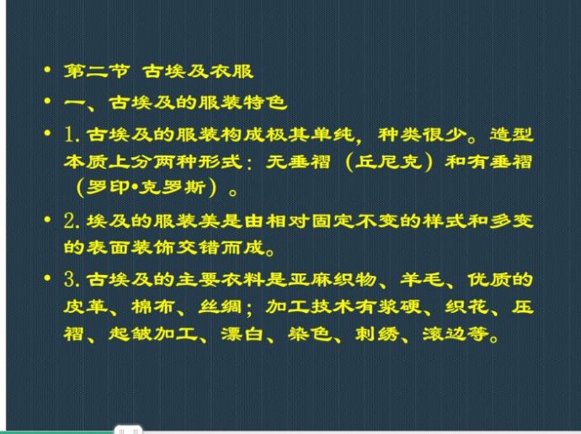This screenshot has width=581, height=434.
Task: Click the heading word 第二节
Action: click(x=97, y=71)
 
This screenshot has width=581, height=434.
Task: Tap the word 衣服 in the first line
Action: click(x=232, y=71)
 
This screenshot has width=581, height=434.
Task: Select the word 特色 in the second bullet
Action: click(x=265, y=103)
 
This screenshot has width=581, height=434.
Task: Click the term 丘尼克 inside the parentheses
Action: click(x=389, y=162)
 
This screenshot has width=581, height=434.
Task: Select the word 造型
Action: click(x=512, y=135)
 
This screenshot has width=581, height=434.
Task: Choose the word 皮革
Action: click(x=86, y=307)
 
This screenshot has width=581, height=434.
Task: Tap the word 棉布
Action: click(x=153, y=307)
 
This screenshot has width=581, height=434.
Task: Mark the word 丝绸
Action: click(x=221, y=307)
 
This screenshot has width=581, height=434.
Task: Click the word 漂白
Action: click(x=243, y=334)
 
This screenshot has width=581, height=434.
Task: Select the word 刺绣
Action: click(x=377, y=334)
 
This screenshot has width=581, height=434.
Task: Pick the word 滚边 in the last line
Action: click(x=445, y=334)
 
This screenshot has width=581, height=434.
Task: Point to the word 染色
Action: click(x=310, y=334)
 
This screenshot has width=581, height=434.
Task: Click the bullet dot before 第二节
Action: click(x=47, y=70)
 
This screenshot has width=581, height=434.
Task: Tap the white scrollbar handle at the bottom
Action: click(x=128, y=430)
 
